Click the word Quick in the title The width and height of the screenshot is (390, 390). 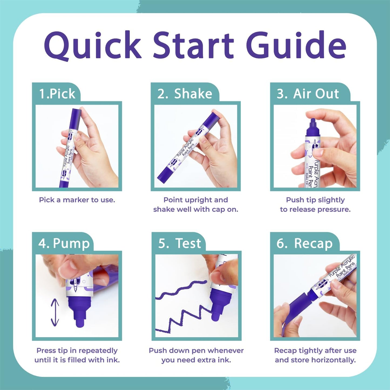(93, 45)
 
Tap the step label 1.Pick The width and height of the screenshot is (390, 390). (57, 94)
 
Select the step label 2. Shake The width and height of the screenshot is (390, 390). (185, 94)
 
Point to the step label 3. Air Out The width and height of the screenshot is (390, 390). (308, 94)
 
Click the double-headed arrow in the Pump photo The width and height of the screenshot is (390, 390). (55, 312)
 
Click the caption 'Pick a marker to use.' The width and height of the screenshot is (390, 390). (77, 200)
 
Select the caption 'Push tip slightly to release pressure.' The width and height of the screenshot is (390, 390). (315, 205)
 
